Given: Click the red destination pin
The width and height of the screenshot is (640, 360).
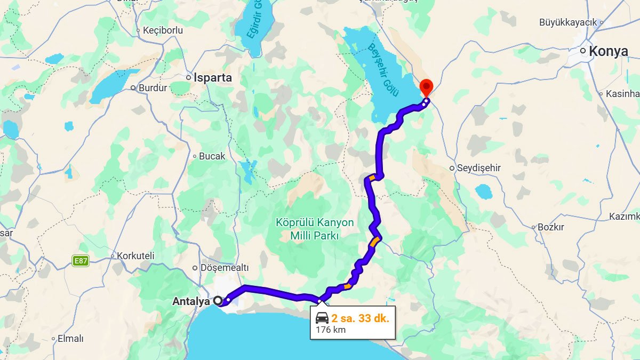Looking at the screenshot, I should [x=426, y=87].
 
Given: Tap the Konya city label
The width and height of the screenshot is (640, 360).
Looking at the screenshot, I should [x=609, y=51].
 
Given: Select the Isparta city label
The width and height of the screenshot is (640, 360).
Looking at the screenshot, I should [x=213, y=77].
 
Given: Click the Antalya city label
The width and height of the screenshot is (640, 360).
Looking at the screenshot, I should [x=191, y=301].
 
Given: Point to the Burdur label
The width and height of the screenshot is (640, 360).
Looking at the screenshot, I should [x=153, y=87].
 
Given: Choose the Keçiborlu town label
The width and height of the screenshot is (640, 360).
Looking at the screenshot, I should [x=163, y=30].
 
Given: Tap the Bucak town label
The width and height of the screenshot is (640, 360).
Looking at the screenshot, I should [x=212, y=156].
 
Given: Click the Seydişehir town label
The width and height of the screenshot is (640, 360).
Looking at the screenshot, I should [x=479, y=168].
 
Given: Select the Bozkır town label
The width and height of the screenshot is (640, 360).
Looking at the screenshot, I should [x=550, y=227].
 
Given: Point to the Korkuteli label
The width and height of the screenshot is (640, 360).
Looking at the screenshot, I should [x=135, y=256].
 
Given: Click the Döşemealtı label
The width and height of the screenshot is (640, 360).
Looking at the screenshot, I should [x=224, y=268].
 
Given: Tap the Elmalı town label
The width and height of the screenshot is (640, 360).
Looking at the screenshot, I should [x=70, y=339].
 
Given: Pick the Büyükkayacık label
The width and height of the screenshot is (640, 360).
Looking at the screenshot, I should [x=568, y=22].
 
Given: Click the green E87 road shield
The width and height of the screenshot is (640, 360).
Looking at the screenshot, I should [x=81, y=261].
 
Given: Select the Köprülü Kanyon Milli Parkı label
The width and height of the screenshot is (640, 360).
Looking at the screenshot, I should [x=315, y=229].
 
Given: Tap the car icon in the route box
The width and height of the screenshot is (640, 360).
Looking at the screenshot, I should [x=322, y=318].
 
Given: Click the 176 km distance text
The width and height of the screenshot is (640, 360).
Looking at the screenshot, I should [x=331, y=330].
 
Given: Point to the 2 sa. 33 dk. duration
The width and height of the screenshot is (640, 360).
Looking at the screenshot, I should [x=360, y=318].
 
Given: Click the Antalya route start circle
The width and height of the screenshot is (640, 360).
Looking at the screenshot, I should [x=218, y=301].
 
